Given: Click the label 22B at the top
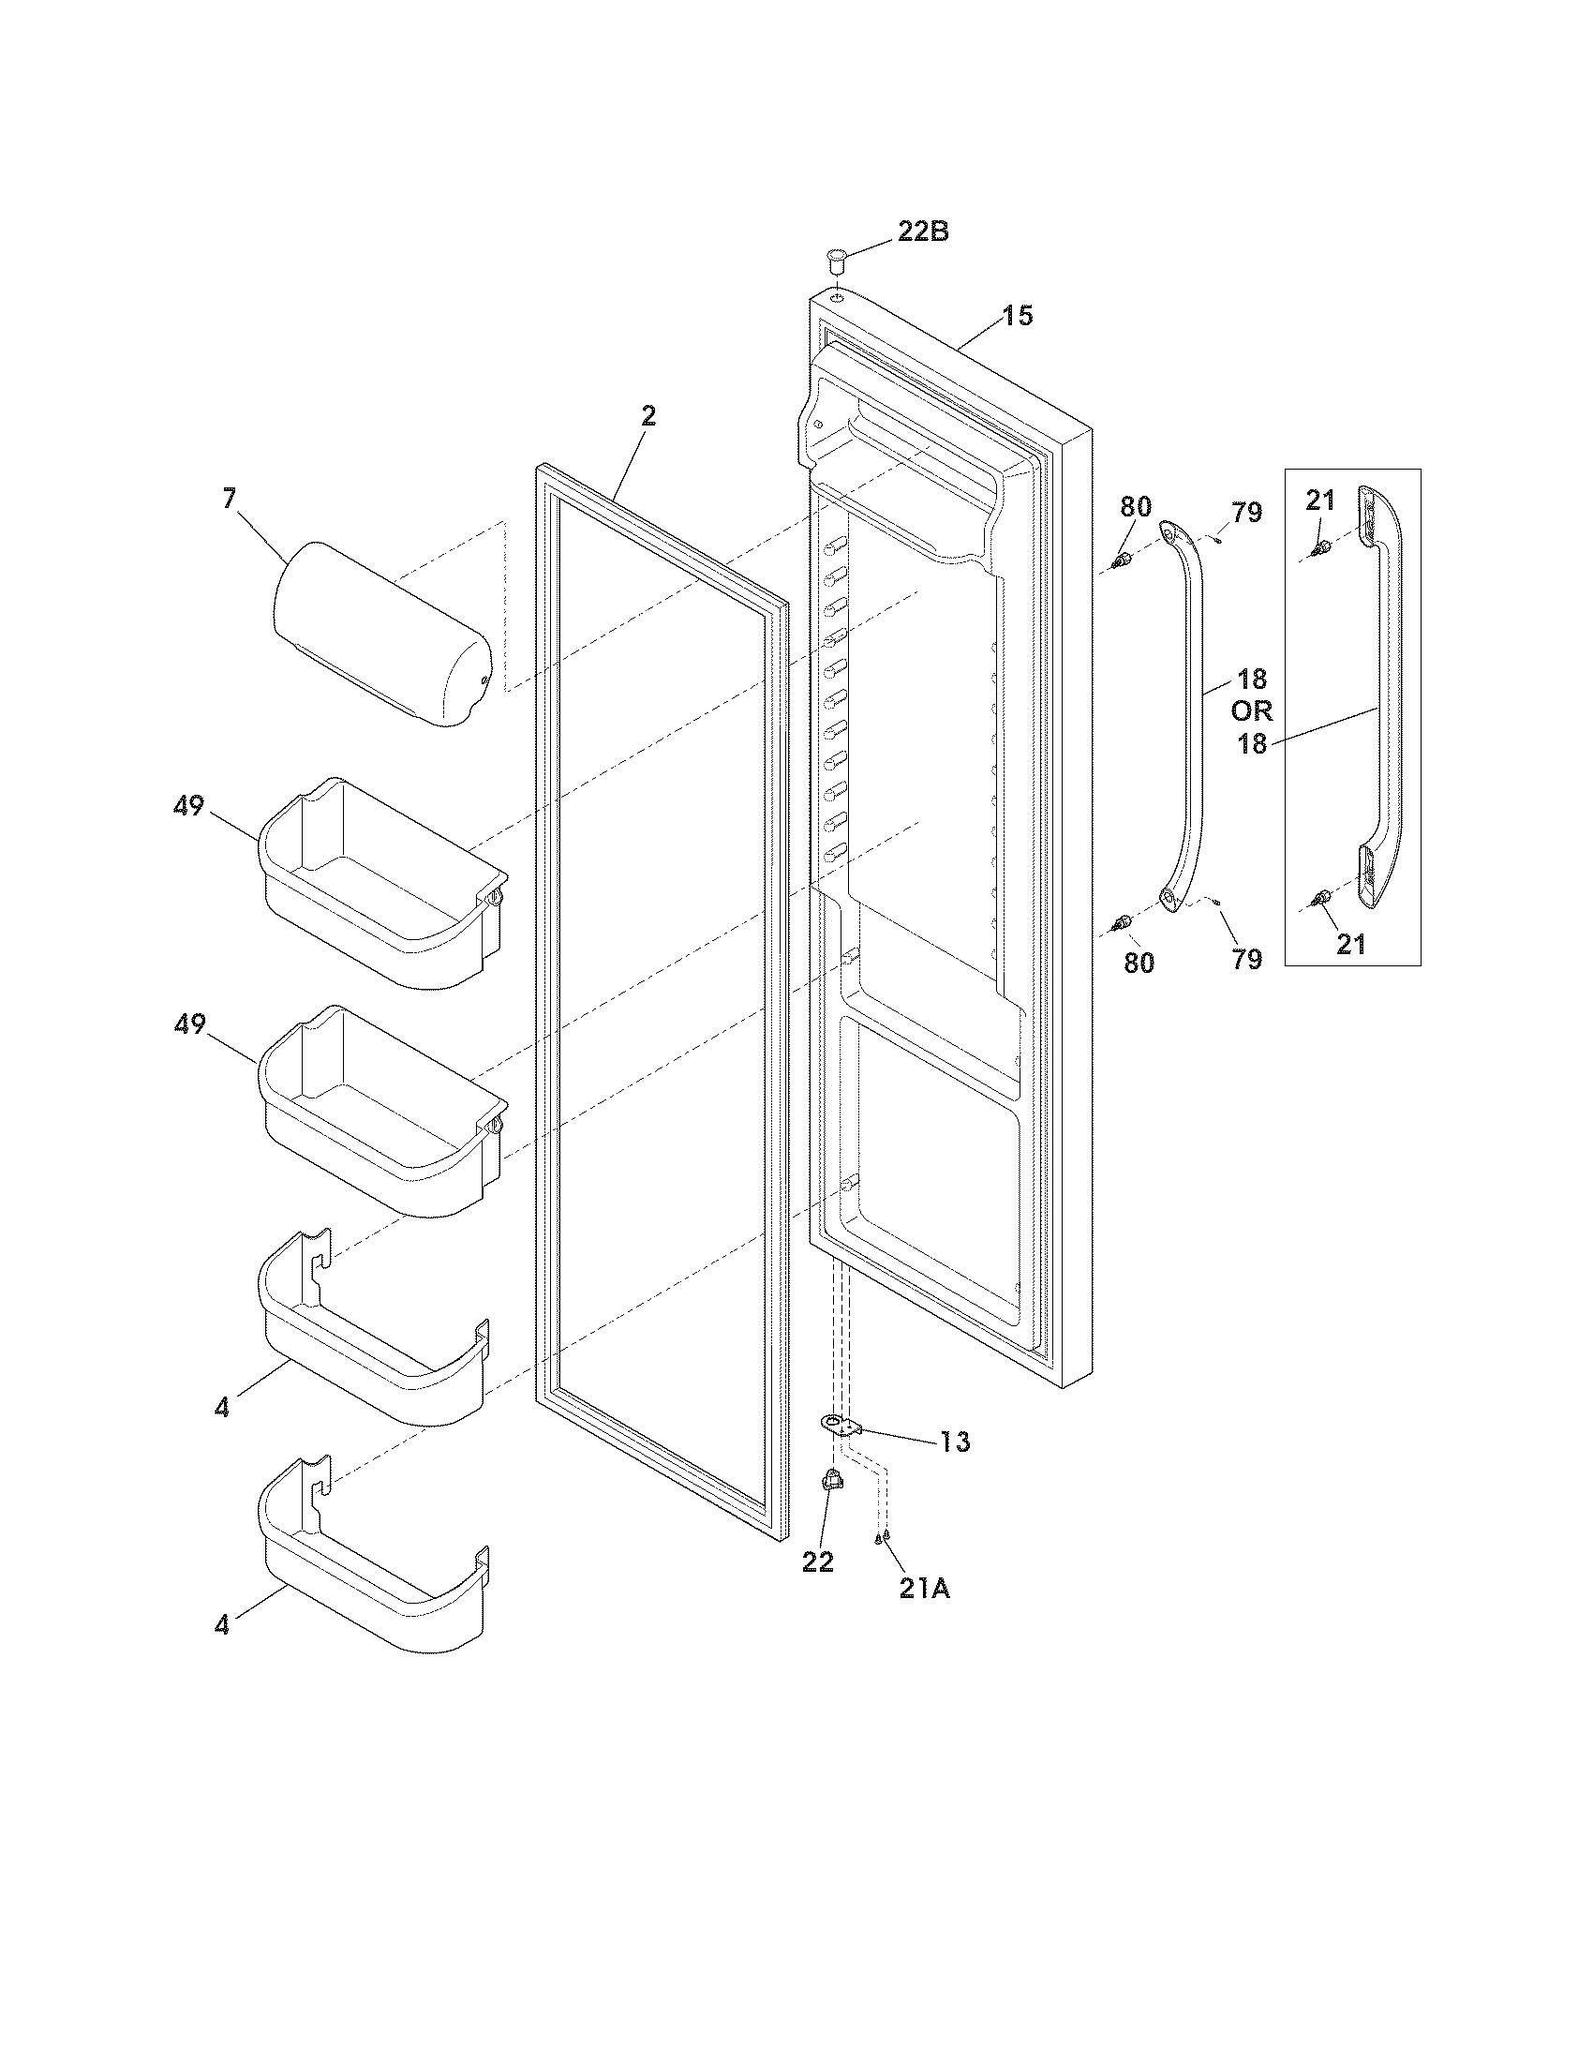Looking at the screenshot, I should [922, 232].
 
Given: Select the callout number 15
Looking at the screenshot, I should [1017, 315].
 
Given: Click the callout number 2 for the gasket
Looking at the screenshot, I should [648, 416].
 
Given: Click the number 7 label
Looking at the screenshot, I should [230, 499].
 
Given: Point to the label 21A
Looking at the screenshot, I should [924, 1590].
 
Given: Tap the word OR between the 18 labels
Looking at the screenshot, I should [1251, 711].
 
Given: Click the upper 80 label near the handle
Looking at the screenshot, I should [1136, 507].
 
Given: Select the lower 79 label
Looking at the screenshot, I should [1245, 959].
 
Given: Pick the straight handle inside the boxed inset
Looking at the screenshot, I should [1379, 698].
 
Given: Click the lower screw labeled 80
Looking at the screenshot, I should [1122, 922].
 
